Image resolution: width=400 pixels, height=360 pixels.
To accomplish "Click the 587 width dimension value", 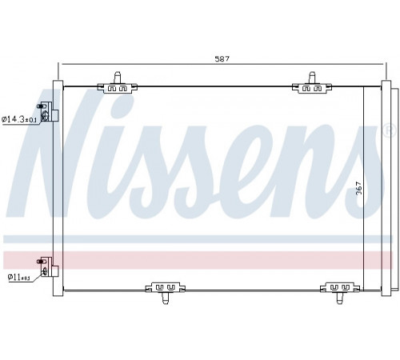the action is (222, 58).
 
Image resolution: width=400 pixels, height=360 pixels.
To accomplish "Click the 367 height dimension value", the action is (359, 188).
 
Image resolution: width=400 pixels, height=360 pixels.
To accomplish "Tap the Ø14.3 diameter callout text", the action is (19, 119).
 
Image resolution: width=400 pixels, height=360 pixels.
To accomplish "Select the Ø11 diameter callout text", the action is (18, 278).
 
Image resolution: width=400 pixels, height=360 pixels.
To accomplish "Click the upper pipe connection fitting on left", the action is (47, 111).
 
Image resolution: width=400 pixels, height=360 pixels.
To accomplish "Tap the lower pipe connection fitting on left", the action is (47, 267).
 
